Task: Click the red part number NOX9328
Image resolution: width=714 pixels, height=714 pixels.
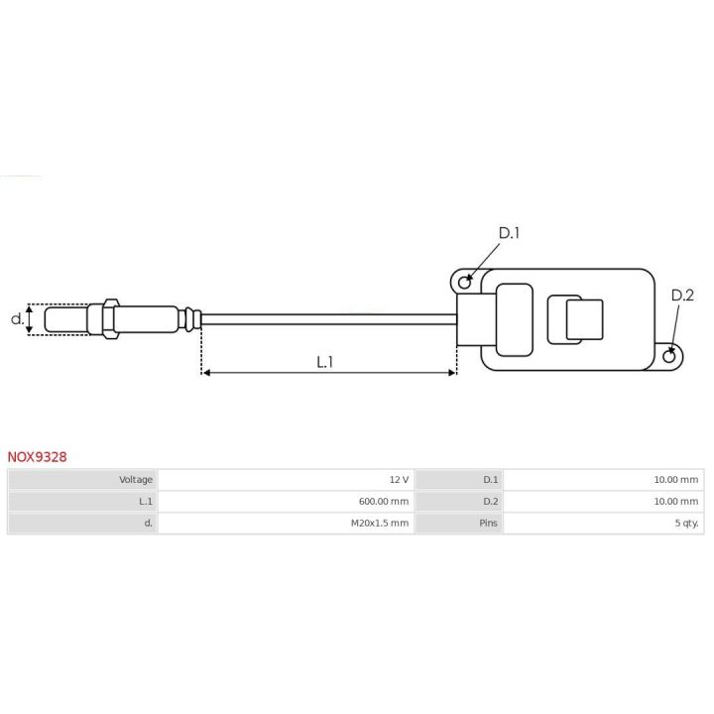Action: (x=38, y=457)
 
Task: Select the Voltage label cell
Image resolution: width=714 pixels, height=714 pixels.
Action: (x=136, y=480)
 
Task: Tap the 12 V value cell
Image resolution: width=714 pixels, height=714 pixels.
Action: (x=400, y=480)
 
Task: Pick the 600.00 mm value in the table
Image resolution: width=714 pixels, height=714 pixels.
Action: (x=383, y=502)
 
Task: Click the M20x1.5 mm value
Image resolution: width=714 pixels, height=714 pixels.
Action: (x=379, y=524)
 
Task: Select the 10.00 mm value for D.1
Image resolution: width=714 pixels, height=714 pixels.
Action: (x=675, y=480)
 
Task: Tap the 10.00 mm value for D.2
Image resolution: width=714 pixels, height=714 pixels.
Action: (x=675, y=502)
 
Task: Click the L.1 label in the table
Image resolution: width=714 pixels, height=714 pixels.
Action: (x=146, y=502)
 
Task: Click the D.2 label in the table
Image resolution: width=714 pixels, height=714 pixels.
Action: (x=490, y=502)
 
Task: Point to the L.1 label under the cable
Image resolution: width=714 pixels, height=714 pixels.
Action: (x=325, y=362)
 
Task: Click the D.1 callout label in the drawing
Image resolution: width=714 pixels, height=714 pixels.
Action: (x=509, y=233)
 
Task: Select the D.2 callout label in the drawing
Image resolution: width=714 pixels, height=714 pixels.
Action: (x=682, y=295)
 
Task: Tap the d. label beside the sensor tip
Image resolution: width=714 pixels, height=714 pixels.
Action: (x=16, y=319)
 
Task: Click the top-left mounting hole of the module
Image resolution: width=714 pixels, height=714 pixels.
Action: (x=463, y=281)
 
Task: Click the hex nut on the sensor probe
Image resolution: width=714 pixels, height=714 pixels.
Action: (x=107, y=318)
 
